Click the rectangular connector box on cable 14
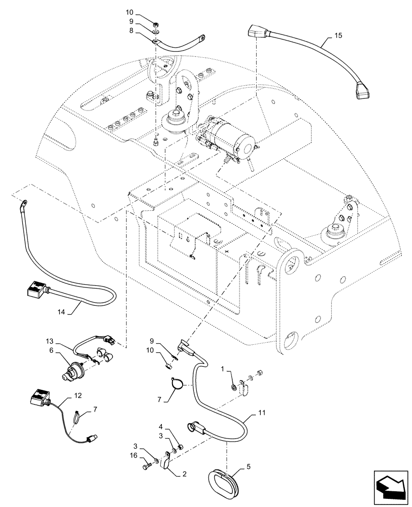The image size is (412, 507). (x=33, y=290)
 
